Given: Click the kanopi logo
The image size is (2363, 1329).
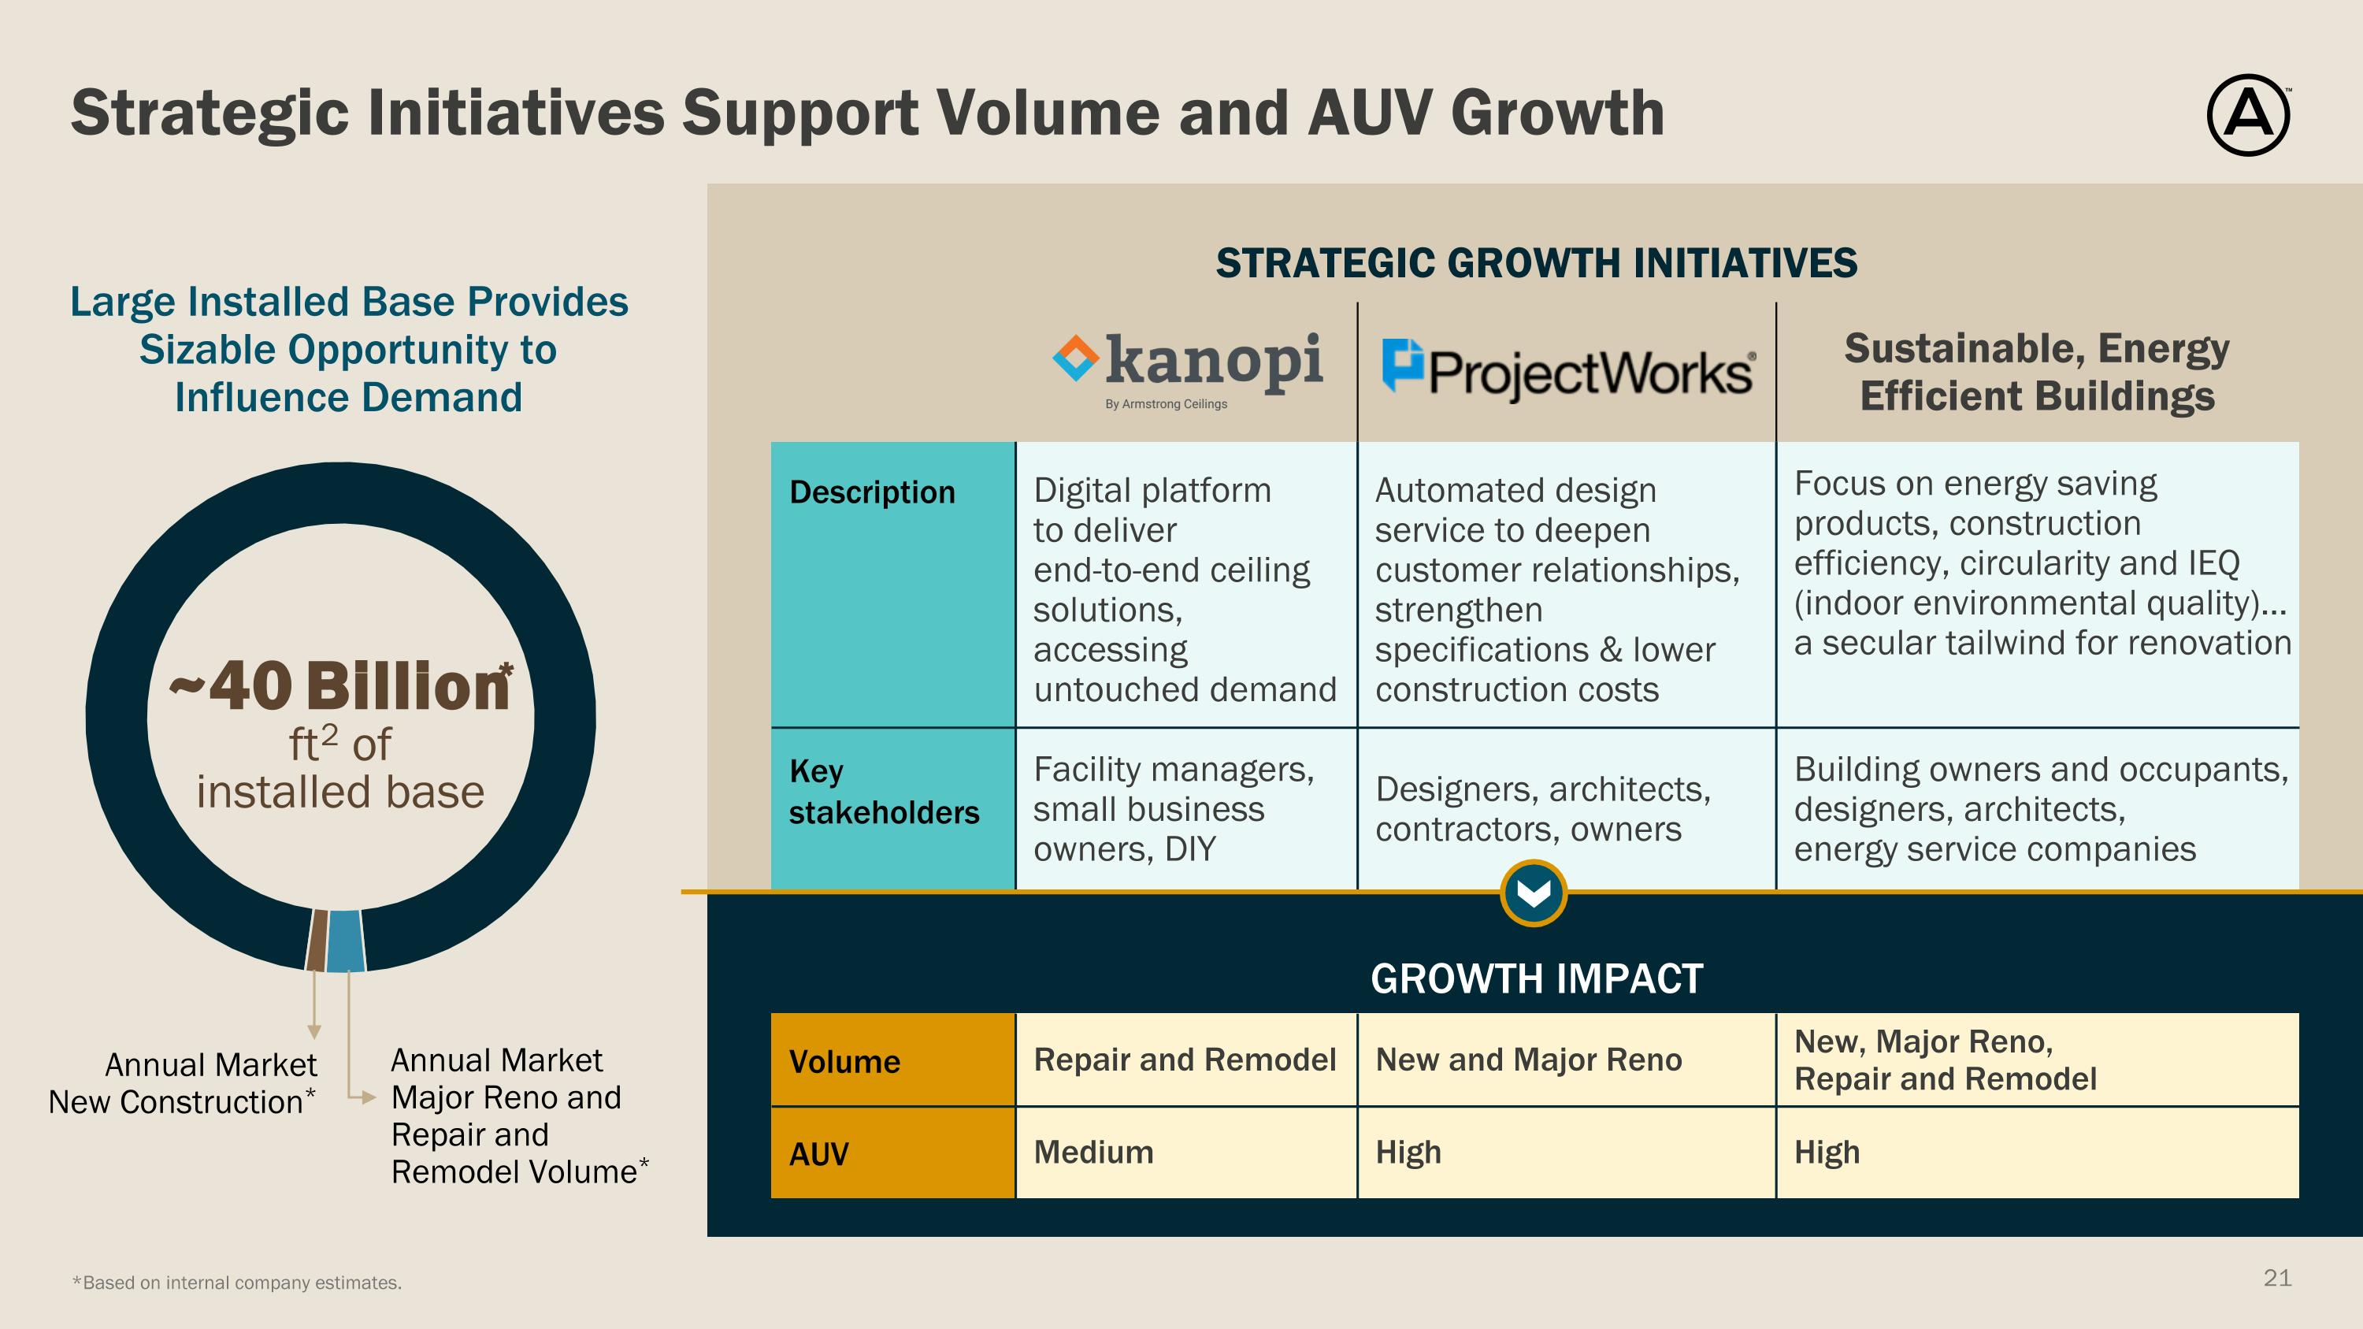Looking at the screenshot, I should click(x=1188, y=367).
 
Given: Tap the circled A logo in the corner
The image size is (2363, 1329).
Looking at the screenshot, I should click(x=2247, y=116).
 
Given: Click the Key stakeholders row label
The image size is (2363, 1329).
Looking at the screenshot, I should click(x=884, y=792).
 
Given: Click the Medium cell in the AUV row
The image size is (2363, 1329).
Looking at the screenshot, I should click(x=1093, y=1152).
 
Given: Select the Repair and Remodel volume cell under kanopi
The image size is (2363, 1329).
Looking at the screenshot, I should click(x=1184, y=1060).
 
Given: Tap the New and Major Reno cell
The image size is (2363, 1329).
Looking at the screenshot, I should click(x=1528, y=1060).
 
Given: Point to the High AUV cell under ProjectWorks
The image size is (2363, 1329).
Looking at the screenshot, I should click(x=1408, y=1152).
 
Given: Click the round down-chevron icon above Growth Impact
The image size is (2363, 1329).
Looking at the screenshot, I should click(x=1534, y=893).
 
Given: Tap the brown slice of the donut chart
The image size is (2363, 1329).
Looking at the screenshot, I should click(x=317, y=939).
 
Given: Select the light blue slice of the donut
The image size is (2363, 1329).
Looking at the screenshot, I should click(x=345, y=940).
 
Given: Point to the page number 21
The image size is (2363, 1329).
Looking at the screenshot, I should click(x=2277, y=1278).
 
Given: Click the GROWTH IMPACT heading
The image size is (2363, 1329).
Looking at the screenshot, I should click(x=1537, y=978).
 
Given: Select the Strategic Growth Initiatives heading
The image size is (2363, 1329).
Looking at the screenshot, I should click(x=1537, y=263).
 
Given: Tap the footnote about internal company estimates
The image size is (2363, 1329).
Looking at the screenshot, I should click(x=238, y=1283).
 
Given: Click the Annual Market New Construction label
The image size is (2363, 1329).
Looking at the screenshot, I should click(x=183, y=1083).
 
